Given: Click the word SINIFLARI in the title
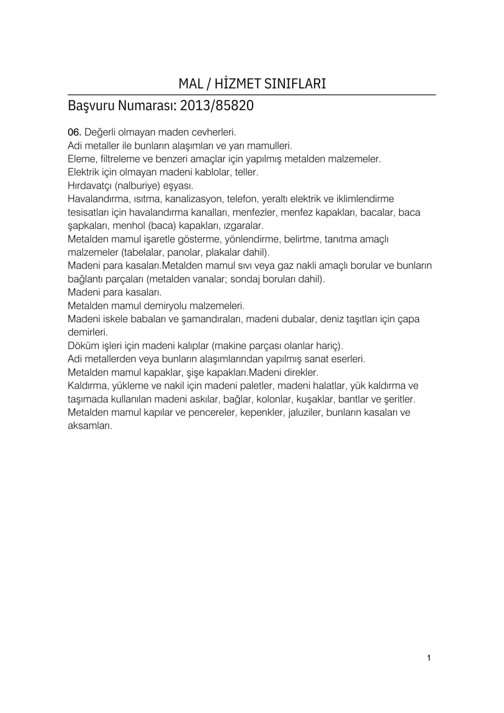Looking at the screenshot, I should [296, 84].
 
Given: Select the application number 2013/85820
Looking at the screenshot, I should [217, 106].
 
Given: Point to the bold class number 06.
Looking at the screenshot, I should [74, 133].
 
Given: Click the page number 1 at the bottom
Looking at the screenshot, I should [429, 658].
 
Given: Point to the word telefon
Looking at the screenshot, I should [242, 199].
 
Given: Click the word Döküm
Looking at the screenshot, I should [82, 345].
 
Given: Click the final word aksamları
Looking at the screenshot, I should [90, 426].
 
